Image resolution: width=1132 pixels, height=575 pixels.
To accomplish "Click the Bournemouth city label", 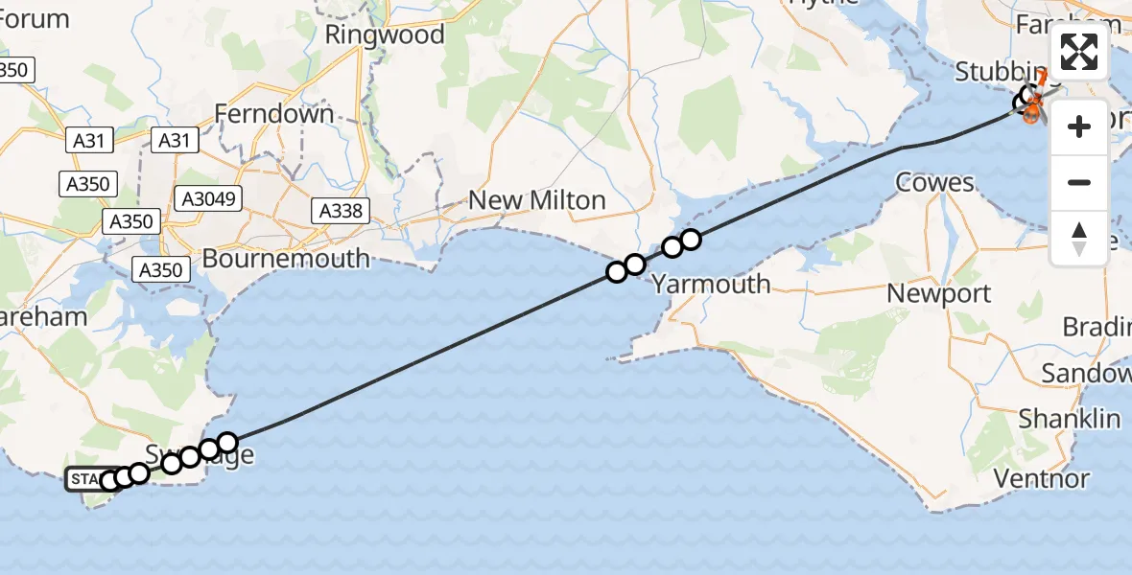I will tap(285, 259).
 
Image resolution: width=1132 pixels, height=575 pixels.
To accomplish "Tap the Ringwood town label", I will tap(385, 35).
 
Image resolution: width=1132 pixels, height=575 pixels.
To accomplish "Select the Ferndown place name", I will tap(273, 114).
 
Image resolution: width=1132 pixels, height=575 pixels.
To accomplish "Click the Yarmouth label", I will tap(711, 284).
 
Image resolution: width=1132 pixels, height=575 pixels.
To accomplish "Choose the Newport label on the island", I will tap(938, 293).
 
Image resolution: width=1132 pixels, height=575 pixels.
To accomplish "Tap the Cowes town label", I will tap(933, 182).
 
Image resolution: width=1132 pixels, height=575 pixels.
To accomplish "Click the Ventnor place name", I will tap(1041, 478).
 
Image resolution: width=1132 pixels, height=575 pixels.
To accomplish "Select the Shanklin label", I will tap(1069, 419).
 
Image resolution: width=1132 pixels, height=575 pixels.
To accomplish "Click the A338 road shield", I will tap(342, 211).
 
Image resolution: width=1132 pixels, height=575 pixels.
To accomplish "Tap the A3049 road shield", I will tap(207, 198).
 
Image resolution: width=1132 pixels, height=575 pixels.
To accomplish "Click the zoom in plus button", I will tap(1079, 126).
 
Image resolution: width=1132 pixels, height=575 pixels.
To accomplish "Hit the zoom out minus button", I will tap(1079, 182).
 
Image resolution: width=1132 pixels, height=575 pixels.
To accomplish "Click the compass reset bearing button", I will tap(1079, 238).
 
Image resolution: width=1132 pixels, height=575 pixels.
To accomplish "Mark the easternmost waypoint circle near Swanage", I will tap(227, 442).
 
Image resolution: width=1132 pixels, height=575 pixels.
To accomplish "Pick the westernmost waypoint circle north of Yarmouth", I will tap(617, 272).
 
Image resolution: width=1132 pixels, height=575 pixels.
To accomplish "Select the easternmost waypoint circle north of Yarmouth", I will tap(691, 240).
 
